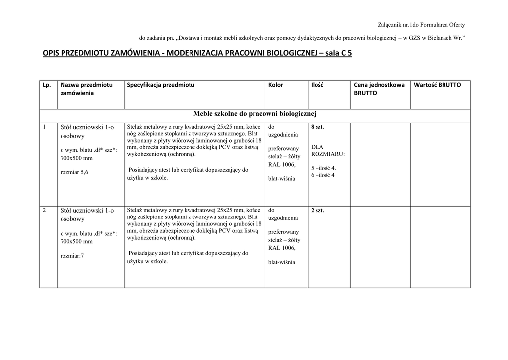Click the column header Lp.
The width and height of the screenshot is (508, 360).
pyautogui.click(x=47, y=85)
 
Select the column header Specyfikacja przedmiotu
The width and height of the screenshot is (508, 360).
pyautogui.click(x=161, y=85)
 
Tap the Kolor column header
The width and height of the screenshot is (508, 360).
pyautogui.click(x=275, y=85)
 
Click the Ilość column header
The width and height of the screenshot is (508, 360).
pyautogui.click(x=317, y=85)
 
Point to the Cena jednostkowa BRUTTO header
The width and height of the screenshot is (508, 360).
pyautogui.click(x=379, y=89)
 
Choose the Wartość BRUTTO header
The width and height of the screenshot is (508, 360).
pyautogui.click(x=437, y=85)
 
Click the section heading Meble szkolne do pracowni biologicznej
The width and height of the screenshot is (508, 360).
pyautogui.click(x=254, y=114)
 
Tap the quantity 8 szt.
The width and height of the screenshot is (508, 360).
pyautogui.click(x=317, y=127)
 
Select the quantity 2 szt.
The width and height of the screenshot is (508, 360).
pyautogui.click(x=317, y=211)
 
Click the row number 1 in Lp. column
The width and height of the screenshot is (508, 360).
pyautogui.click(x=44, y=127)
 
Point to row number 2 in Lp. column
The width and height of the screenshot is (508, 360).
pyautogui.click(x=44, y=210)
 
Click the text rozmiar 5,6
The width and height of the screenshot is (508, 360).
pyautogui.click(x=74, y=172)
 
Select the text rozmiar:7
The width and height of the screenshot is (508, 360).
pyautogui.click(x=72, y=256)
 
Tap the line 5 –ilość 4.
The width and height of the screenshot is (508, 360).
pyautogui.click(x=323, y=168)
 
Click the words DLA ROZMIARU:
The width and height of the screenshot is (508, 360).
pyautogui.click(x=327, y=150)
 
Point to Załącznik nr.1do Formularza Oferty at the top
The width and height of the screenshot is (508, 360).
pyautogui.click(x=421, y=24)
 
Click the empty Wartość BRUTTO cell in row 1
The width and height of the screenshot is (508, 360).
pyautogui.click(x=440, y=164)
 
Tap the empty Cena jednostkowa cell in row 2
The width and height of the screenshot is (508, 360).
pyautogui.click(x=380, y=247)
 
